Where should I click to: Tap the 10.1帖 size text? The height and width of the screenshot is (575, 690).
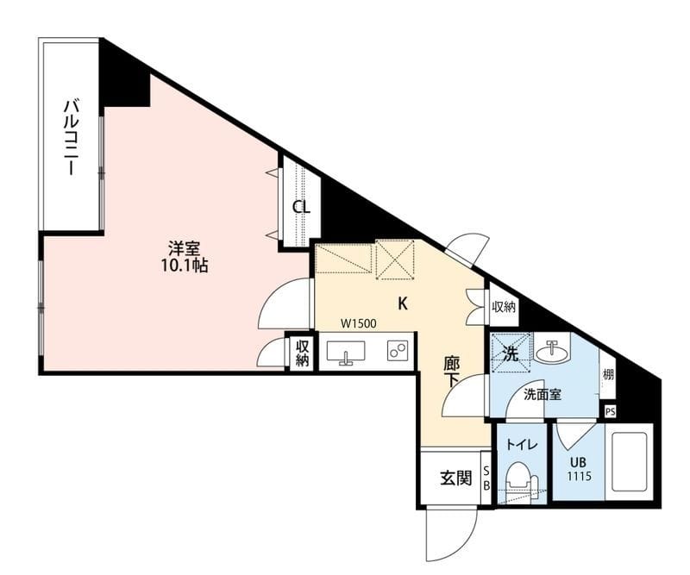[x=185, y=266]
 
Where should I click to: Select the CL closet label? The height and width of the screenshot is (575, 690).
[x=302, y=207]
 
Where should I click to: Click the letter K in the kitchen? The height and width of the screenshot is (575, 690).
[x=402, y=303]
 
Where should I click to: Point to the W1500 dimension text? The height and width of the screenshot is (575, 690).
[x=359, y=324]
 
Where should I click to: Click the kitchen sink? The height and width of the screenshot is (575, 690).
[x=346, y=352]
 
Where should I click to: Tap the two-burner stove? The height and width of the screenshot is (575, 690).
[x=398, y=351]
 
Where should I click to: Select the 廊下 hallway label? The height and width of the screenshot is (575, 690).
[x=451, y=372]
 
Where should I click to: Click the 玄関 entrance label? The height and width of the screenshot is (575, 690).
[x=456, y=478]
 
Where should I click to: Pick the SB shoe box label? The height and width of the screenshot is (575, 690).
[x=486, y=478]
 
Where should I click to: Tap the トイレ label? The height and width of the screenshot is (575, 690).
[x=522, y=445]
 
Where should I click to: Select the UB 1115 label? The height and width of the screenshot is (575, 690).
[x=579, y=469]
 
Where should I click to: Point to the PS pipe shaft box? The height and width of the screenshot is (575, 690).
[x=610, y=412]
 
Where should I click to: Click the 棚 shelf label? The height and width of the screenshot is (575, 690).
[x=608, y=375]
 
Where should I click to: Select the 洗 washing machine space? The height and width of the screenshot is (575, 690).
[x=511, y=353]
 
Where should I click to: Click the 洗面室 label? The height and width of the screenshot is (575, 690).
[x=543, y=395]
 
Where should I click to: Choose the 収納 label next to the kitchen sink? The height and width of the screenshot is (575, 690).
[x=303, y=352]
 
